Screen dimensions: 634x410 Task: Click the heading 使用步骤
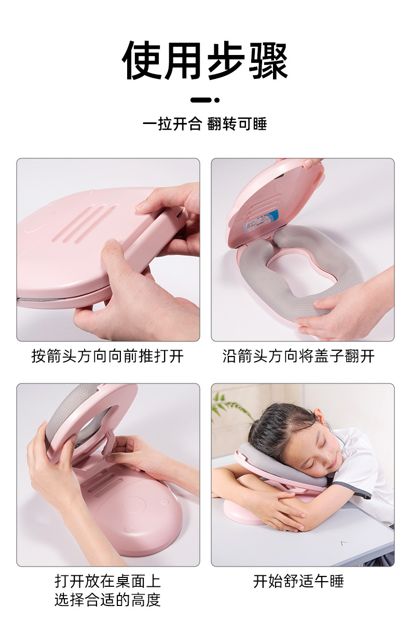point(205,61)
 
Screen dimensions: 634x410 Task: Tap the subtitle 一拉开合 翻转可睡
point(205,125)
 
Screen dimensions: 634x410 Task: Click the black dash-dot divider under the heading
point(205,100)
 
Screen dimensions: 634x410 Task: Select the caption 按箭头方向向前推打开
point(107,356)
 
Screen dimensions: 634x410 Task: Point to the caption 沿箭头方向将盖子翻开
point(298,356)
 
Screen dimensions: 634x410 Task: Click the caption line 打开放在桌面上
point(107,581)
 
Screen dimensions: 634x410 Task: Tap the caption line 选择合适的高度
point(107,600)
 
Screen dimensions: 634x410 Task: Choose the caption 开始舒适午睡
point(298,581)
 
